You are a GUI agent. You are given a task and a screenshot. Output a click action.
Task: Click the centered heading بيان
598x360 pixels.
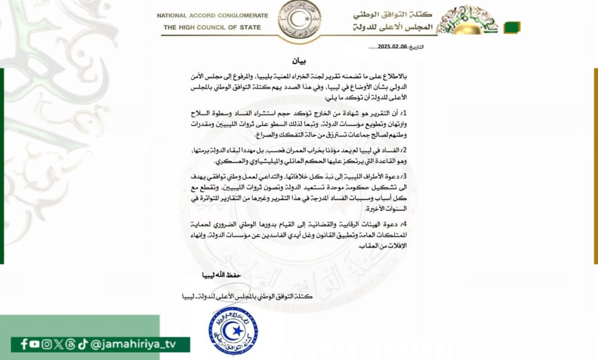[299, 61]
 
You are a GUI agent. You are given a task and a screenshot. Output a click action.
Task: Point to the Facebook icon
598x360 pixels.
[24, 344]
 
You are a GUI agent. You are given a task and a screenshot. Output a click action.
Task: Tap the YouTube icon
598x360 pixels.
[35, 344]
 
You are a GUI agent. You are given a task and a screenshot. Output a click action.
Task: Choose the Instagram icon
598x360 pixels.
[46, 344]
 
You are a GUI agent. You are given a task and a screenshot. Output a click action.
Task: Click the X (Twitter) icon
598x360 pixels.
[58, 344]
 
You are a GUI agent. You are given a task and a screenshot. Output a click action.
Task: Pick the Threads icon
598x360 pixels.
[70, 344]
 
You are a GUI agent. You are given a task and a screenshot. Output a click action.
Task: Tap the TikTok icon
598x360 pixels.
[83, 344]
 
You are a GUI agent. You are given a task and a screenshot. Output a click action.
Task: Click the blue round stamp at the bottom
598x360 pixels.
[233, 331]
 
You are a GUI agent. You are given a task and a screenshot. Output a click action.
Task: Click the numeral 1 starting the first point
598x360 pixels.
[404, 114]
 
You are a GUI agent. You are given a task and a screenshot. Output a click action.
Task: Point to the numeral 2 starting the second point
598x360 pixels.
[404, 151]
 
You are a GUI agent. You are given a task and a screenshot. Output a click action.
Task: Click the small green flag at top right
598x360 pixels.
[512, 27]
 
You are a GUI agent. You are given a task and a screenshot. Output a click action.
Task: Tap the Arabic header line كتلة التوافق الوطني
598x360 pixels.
[392, 15]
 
